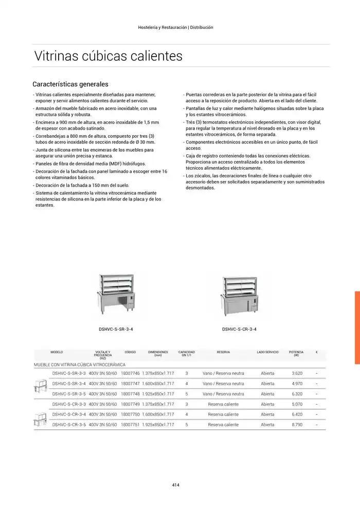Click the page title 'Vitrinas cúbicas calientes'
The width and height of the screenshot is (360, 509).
click(108, 56)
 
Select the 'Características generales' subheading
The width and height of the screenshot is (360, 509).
click(70, 84)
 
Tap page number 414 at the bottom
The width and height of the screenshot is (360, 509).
click(175, 484)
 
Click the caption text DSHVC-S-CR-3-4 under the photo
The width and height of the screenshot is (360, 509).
click(239, 330)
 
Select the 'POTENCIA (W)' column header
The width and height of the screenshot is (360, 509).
click(296, 354)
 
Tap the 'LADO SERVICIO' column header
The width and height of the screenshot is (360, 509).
click(267, 352)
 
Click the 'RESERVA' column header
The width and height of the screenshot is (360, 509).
click(223, 352)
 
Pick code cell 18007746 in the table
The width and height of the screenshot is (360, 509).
click(130, 373)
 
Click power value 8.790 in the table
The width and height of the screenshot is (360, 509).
click(297, 425)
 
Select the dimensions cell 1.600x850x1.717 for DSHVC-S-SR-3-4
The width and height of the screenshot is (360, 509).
click(158, 384)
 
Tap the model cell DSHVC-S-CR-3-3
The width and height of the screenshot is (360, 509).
click(68, 404)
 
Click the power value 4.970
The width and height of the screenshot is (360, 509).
click(297, 384)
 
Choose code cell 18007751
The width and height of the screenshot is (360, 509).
click(130, 425)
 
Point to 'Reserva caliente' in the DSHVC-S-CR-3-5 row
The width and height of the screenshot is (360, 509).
click(223, 425)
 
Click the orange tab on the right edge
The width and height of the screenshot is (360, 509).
click(356, 328)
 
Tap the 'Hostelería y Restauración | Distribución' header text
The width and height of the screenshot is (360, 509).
click(176, 27)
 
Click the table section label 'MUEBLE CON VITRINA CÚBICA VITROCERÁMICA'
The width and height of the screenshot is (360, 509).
click(79, 364)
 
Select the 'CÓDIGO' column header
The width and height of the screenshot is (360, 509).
click(130, 352)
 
